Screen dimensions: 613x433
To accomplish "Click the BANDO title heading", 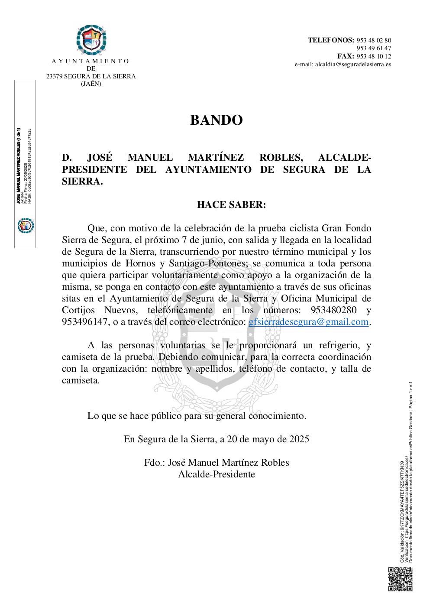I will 216,120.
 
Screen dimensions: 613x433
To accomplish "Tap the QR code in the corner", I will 400,579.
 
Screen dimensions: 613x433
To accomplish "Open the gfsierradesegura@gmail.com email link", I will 308,322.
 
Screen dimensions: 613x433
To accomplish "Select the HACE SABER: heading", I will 231,204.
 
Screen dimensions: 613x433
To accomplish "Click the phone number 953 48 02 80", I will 374,40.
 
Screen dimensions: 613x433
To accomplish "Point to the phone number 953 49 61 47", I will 374,48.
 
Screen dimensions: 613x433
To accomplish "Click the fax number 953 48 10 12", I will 374,56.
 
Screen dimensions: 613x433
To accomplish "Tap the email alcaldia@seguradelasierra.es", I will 353,65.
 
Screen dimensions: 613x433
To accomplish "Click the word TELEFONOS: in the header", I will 331,40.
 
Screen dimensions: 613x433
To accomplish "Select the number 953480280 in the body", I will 333,310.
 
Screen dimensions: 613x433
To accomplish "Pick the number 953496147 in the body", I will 85,322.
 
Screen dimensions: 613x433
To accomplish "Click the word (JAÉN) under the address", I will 91,84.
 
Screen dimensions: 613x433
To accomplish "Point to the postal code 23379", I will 55,76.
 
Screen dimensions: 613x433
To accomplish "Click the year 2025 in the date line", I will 299,439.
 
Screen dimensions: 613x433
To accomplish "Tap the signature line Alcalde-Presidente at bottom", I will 216,474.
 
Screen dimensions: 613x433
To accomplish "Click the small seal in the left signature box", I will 26,226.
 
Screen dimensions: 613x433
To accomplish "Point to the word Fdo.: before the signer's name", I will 154,463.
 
